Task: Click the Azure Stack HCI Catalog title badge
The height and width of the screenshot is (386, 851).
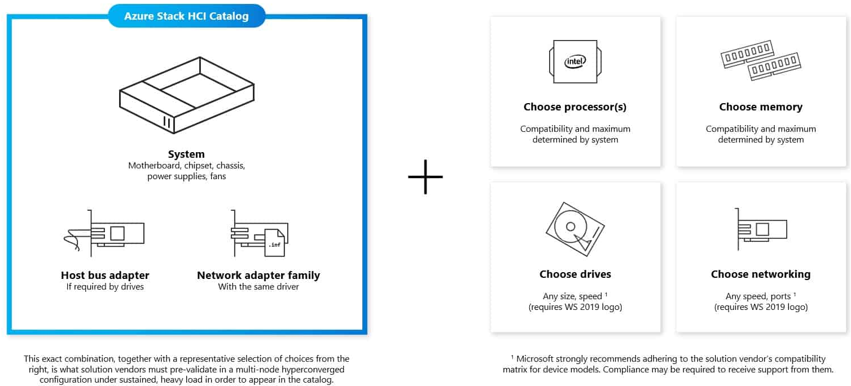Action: pos(187,16)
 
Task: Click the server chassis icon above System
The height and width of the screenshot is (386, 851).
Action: pos(187,95)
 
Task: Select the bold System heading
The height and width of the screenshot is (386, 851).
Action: pos(186,154)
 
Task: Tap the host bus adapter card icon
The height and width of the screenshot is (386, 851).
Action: pos(104,233)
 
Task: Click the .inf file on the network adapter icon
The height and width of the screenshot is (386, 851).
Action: pos(275,243)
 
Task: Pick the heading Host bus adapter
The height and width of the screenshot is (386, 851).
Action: pos(105,275)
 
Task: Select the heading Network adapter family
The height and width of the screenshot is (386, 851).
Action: pos(258,275)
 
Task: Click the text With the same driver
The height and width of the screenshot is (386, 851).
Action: pos(258,287)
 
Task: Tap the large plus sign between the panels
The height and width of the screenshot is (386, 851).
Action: pos(425,177)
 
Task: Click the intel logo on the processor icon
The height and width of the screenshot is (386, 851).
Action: pos(575,61)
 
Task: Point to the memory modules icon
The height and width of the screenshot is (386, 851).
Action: pos(761,60)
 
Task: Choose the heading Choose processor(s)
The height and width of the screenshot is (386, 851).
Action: pos(575,107)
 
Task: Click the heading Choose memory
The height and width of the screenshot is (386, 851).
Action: pos(761,107)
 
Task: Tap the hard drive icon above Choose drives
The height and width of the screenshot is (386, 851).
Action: pos(575,229)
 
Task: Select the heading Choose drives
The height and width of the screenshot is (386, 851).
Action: pos(575,274)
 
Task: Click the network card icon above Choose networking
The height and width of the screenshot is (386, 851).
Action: pos(761,229)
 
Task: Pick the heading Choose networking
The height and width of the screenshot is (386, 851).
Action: pos(761,274)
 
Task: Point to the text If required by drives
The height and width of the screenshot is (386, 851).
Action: pos(105,287)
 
